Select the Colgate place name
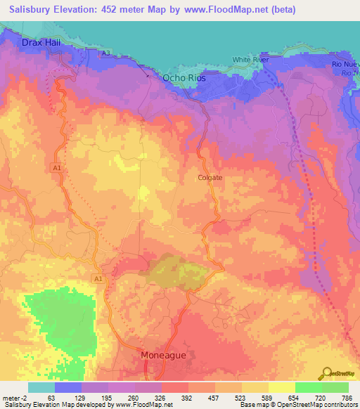[210, 178]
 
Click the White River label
[251, 60]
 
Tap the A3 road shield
[105, 53]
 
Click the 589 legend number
[262, 398]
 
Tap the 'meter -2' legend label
[15, 398]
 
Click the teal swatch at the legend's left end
[41, 387]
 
